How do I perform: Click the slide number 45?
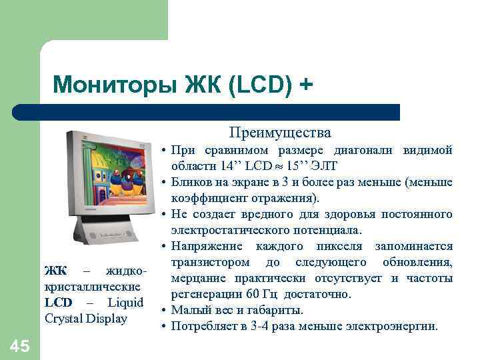click(20, 345)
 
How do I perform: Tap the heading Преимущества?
click(280, 132)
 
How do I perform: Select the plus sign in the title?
click(305, 85)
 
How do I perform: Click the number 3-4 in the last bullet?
click(263, 326)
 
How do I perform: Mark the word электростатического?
click(231, 230)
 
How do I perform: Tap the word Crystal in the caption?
click(65, 318)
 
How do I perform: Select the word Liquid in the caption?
click(125, 302)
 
